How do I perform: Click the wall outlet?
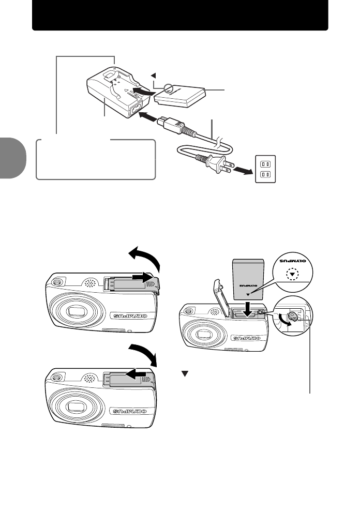pyautogui.click(x=265, y=168)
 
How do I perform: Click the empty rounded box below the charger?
pyautogui.click(x=96, y=159)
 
